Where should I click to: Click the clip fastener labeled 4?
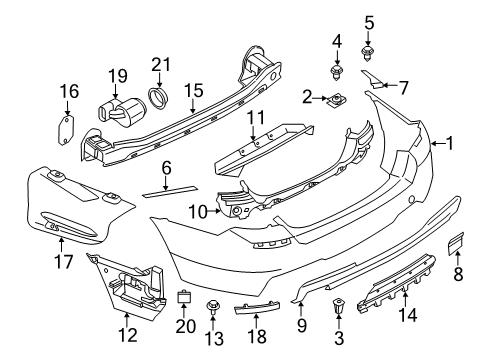coord(337,70)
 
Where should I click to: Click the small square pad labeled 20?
coord(184,296)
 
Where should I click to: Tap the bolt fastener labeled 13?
coord(213,303)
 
